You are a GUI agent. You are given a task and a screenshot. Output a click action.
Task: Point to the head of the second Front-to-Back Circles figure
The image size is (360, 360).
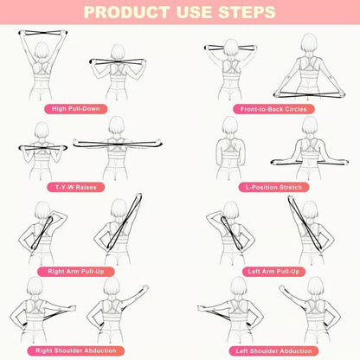(x=307, y=44)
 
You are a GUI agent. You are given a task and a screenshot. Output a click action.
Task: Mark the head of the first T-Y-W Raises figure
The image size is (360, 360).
(x=39, y=130)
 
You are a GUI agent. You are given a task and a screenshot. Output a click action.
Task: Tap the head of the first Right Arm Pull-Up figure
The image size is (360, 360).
(x=41, y=210)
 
